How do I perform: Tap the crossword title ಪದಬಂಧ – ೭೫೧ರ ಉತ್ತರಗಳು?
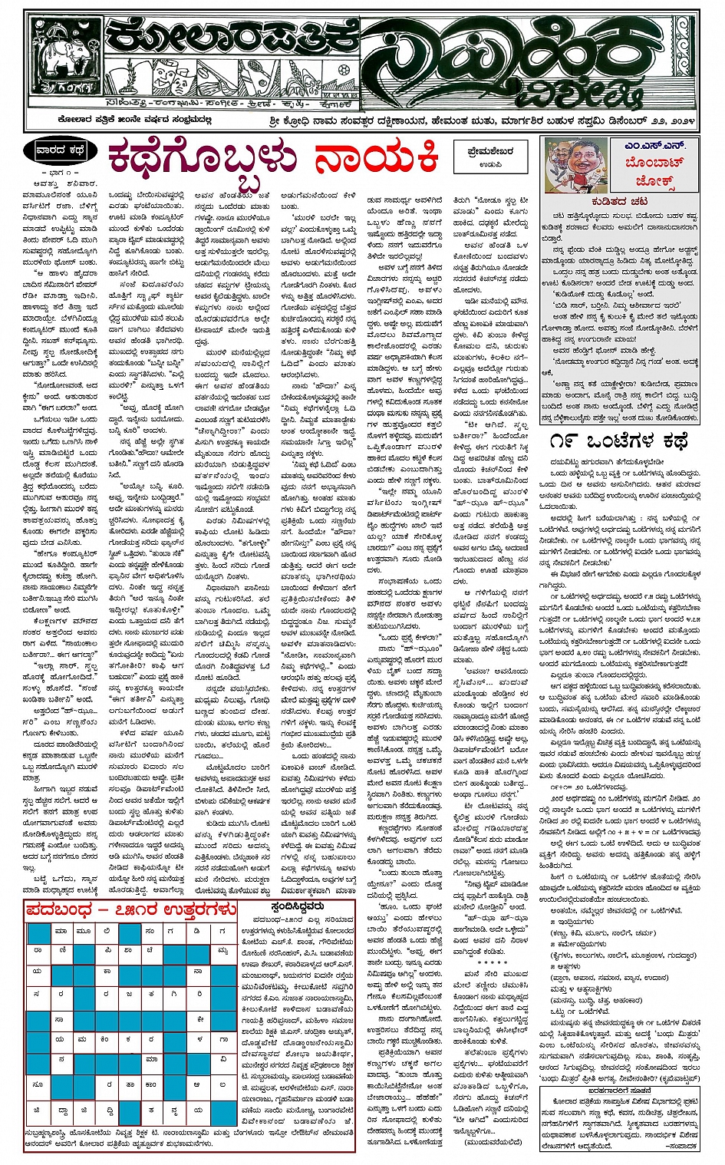(130, 909)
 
